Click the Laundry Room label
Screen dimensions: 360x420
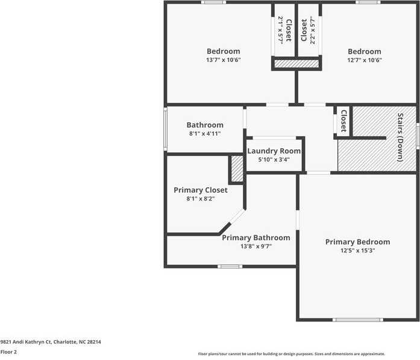[x=274, y=151]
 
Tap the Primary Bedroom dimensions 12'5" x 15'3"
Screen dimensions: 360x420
[x=357, y=250]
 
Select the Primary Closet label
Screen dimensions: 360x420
[x=201, y=190]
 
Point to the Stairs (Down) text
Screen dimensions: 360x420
[x=400, y=137]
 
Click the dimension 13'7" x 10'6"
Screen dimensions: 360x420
[x=223, y=60]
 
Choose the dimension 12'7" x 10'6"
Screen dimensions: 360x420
[x=364, y=60]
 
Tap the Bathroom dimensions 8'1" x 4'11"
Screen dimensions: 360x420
[x=204, y=134]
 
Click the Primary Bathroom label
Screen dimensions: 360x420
[x=255, y=238]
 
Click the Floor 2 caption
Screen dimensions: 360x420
[x=8, y=352]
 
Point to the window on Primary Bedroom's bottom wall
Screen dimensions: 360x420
[x=357, y=320]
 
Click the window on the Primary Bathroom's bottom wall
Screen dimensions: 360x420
[x=230, y=266]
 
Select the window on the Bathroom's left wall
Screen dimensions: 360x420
[x=165, y=128]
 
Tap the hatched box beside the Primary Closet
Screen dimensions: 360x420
[x=237, y=169]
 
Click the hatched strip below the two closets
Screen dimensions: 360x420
[x=296, y=63]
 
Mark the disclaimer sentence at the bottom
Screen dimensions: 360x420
[x=292, y=354]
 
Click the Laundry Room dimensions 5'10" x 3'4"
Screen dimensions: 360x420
[x=274, y=160]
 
